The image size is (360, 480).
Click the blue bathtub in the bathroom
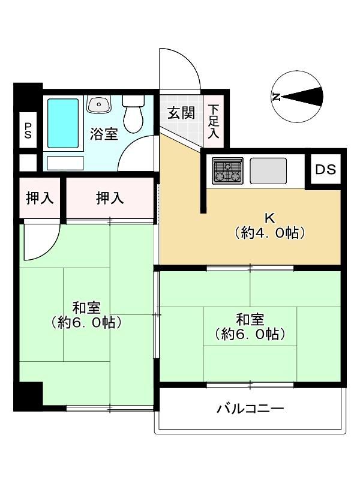(x=63, y=124)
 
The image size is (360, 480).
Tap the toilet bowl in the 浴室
(x=133, y=113)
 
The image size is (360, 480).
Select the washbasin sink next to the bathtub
(x=99, y=104)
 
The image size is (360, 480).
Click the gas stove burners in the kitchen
(x=228, y=171)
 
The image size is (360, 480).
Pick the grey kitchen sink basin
(x=268, y=171)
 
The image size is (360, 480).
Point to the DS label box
(x=325, y=169)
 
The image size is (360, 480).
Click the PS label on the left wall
(x=28, y=130)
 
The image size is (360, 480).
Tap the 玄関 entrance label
(x=181, y=113)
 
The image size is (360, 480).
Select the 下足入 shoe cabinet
(x=214, y=121)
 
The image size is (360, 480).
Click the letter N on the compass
(x=276, y=97)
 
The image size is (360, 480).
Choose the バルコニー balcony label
(x=250, y=409)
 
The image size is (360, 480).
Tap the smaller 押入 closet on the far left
(x=40, y=198)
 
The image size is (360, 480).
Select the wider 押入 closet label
(x=110, y=198)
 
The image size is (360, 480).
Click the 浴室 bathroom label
(x=104, y=134)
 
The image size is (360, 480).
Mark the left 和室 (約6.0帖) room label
(x=86, y=314)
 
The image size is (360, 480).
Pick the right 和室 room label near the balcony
(x=250, y=327)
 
